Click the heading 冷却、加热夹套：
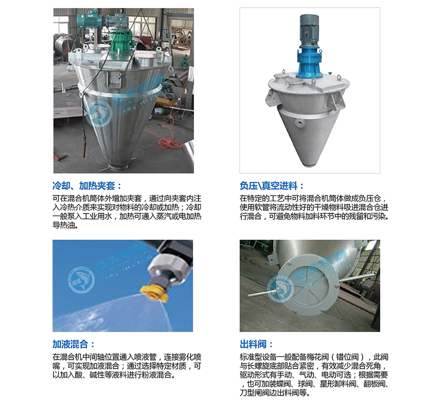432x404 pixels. pyautogui.click(x=87, y=186)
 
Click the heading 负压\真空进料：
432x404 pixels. pyautogui.click(x=271, y=186)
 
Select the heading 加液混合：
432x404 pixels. pyautogui.click(x=74, y=344)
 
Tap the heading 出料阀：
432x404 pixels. pyautogui.click(x=256, y=344)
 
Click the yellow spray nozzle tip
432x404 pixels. pyautogui.click(x=154, y=293)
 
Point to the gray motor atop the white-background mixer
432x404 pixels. pyautogui.click(x=309, y=30)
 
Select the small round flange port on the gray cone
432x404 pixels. pyautogui.click(x=299, y=122)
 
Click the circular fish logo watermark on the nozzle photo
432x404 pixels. pyautogui.click(x=81, y=279)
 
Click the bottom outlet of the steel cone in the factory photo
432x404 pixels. pyautogui.click(x=119, y=167)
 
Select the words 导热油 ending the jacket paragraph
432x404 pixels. pyautogui.click(x=64, y=226)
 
